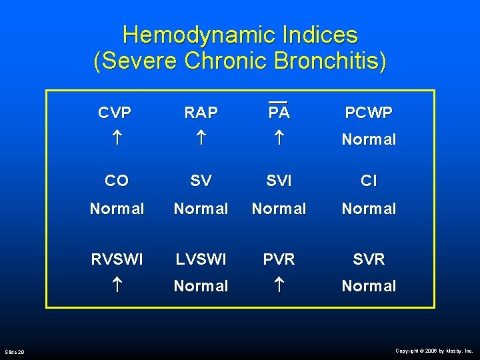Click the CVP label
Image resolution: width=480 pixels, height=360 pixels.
(115, 113)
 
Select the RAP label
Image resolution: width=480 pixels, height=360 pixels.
(201, 113)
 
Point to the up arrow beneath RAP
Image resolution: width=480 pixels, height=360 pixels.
(201, 139)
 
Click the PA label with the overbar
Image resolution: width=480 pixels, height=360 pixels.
(279, 111)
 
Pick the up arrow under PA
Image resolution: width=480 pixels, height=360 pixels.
(279, 139)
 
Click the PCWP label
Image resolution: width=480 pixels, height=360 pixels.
(369, 113)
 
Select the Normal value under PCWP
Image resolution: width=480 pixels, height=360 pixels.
(369, 139)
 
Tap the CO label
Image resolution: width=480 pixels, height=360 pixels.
(117, 181)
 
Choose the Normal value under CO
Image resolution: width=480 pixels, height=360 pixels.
(117, 209)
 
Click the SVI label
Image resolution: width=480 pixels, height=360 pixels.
(279, 181)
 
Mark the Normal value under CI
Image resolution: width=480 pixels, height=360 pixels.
(369, 209)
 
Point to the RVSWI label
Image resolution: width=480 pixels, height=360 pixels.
(117, 259)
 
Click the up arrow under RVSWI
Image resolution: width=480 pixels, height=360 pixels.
(117, 286)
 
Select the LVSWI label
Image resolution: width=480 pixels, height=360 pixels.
(201, 259)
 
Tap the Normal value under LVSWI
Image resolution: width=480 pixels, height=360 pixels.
(201, 286)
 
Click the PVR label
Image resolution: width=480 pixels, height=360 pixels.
(279, 259)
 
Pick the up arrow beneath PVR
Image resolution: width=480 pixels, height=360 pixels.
(279, 286)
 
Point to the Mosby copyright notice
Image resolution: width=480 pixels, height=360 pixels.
(434, 350)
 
